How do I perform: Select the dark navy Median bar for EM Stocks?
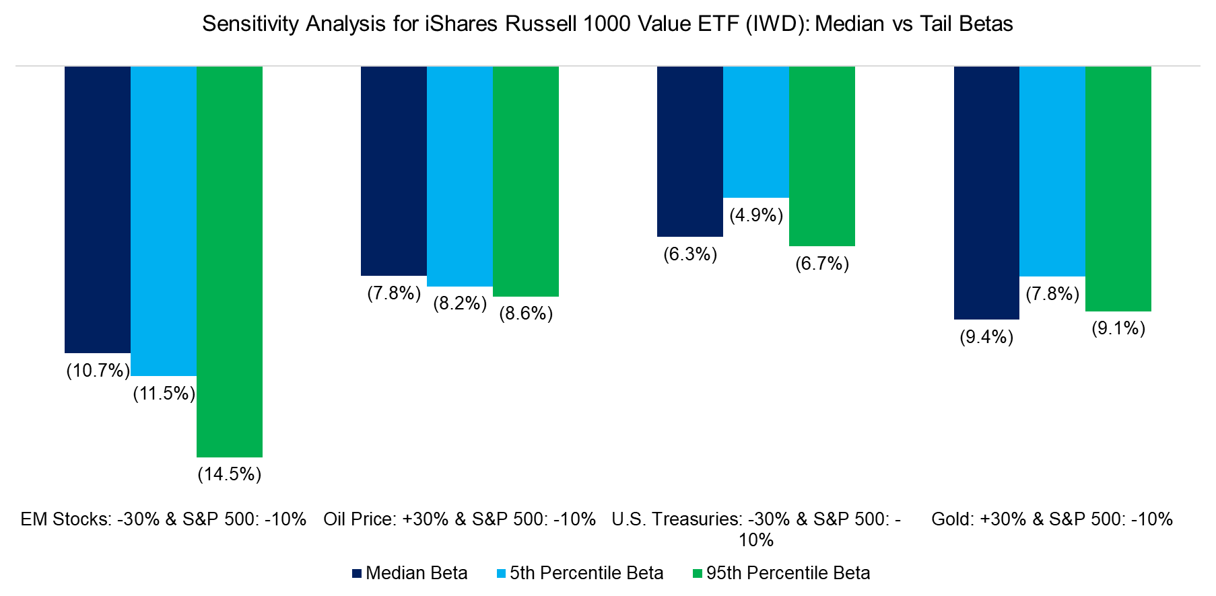[97, 209]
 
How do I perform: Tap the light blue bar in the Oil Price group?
[459, 176]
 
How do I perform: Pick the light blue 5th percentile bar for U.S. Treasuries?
[755, 132]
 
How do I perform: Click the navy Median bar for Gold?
[986, 192]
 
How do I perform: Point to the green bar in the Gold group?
[1118, 188]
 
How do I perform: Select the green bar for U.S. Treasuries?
[821, 156]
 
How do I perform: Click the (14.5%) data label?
[229, 474]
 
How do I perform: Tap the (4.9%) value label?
[756, 215]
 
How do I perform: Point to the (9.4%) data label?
[986, 336]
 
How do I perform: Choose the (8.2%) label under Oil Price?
[460, 303]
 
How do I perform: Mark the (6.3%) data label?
[690, 254]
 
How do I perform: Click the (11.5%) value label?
[164, 394]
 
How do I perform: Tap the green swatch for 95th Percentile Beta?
[698, 574]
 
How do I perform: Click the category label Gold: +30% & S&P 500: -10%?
[1052, 519]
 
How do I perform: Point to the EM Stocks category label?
[163, 519]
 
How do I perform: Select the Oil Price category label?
[459, 519]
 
